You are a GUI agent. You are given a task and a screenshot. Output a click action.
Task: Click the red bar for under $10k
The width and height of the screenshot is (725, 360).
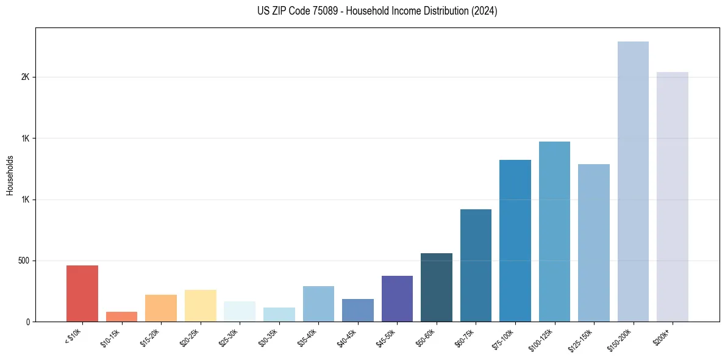pos(82,293)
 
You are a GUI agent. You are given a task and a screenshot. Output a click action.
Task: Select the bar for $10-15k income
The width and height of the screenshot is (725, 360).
pos(121,317)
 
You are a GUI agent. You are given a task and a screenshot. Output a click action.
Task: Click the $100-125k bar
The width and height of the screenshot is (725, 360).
pos(554,231)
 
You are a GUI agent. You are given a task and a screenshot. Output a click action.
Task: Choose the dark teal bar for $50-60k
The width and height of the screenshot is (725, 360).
pos(437,287)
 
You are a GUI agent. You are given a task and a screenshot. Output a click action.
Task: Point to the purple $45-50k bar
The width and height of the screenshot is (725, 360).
pos(397,298)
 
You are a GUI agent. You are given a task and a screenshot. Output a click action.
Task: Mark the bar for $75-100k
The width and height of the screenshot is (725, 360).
pos(515,240)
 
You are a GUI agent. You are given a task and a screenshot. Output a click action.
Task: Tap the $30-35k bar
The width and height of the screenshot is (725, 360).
pos(279,314)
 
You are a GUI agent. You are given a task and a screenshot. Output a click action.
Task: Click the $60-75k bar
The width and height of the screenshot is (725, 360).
pos(476,265)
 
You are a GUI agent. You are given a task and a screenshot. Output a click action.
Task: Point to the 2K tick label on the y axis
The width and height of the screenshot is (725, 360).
pos(25,77)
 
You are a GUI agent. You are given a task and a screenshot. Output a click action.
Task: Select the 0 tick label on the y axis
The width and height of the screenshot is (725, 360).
pos(27,322)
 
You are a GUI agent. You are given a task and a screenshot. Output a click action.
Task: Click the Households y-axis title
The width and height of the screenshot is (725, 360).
pos(10,175)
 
